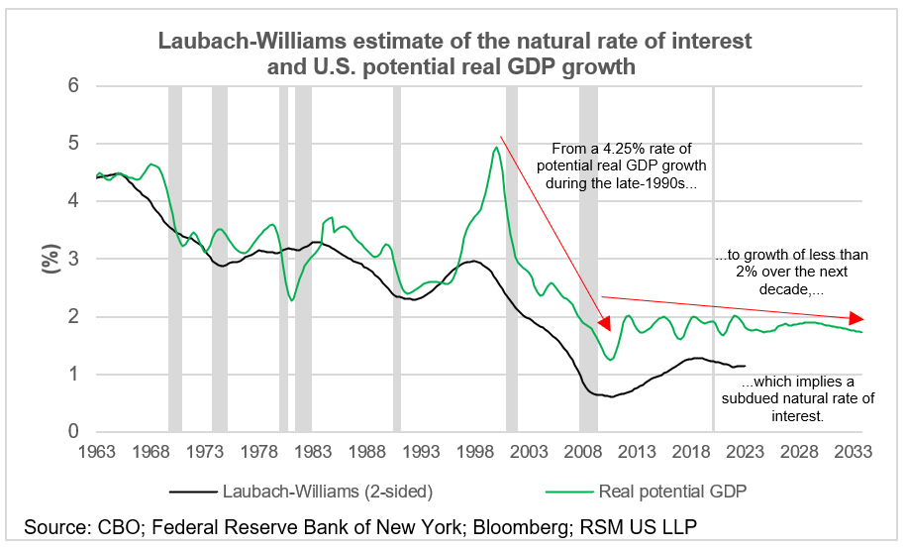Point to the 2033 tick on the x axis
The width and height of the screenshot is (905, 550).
tap(854, 452)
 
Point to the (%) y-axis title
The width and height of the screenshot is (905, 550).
tap(46, 263)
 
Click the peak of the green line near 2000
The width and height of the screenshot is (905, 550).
tap(495, 148)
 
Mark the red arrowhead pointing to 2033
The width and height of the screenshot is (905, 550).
tap(857, 318)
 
